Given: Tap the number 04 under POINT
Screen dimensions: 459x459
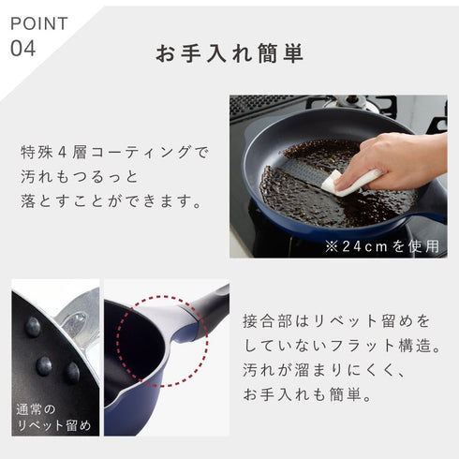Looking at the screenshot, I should point(22,48).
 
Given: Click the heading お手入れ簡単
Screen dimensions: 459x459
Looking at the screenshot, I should point(229,53).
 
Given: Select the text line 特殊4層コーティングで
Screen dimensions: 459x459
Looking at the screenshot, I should point(115,150).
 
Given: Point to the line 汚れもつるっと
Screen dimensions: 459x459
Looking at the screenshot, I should point(80,175).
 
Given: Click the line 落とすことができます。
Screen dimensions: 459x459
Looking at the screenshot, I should point(111,200).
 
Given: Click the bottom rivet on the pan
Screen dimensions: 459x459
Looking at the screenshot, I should point(72,372).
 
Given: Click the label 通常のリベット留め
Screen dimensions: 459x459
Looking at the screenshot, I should point(53,418).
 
